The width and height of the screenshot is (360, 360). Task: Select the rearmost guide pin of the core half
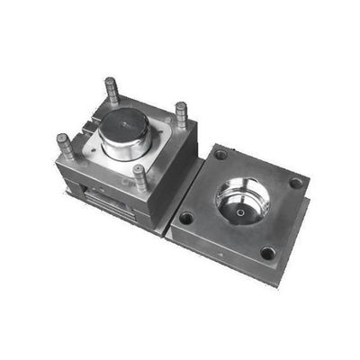(112, 89)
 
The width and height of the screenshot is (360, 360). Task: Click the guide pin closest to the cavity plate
(181, 114)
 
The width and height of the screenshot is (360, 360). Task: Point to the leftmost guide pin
(66, 145)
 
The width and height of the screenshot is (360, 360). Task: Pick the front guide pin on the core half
(140, 176)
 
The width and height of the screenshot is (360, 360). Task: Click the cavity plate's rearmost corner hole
(220, 156)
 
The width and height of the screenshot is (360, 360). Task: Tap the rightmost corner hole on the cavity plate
(295, 184)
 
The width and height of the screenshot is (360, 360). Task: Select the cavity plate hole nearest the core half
(186, 217)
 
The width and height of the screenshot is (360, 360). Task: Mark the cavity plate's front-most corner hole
(267, 253)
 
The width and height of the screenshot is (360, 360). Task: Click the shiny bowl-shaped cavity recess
(243, 202)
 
